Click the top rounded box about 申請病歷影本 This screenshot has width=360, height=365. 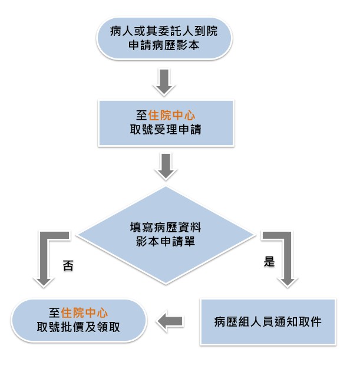pyautogui.click(x=164, y=38)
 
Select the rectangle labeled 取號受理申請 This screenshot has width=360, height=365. pyautogui.click(x=166, y=123)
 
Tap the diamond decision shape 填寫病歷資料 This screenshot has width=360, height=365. pyautogui.click(x=166, y=235)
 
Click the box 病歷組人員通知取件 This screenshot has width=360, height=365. pyautogui.click(x=268, y=321)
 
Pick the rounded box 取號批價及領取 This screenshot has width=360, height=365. pyautogui.click(x=78, y=321)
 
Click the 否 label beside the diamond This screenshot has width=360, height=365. pyautogui.click(x=68, y=265)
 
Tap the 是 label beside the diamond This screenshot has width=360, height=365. pyautogui.click(x=269, y=261)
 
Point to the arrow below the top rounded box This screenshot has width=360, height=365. pyautogui.click(x=164, y=82)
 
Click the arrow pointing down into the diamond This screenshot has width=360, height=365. pyautogui.click(x=166, y=167)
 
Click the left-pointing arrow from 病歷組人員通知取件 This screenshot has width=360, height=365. pyautogui.click(x=170, y=321)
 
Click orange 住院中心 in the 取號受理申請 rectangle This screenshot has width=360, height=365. pyautogui.click(x=171, y=115)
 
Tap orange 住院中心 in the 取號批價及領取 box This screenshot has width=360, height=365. pyautogui.click(x=84, y=313)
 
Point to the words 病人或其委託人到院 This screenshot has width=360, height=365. pyautogui.click(x=164, y=31)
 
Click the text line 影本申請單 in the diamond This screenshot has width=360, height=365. pyautogui.click(x=166, y=241)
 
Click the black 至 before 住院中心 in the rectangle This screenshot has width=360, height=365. pyautogui.click(x=142, y=115)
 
